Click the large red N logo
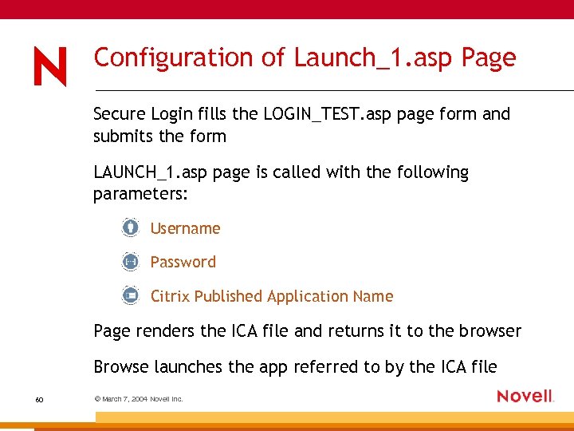coord(50,65)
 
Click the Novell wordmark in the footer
coord(525,396)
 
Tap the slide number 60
coord(39,398)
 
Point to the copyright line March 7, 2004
coord(139,398)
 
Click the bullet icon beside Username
coord(131,227)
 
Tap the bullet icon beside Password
coord(131,261)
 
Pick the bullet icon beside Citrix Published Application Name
coord(131,295)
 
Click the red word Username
coord(185,228)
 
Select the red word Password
coord(183,262)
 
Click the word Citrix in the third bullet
coord(170,296)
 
